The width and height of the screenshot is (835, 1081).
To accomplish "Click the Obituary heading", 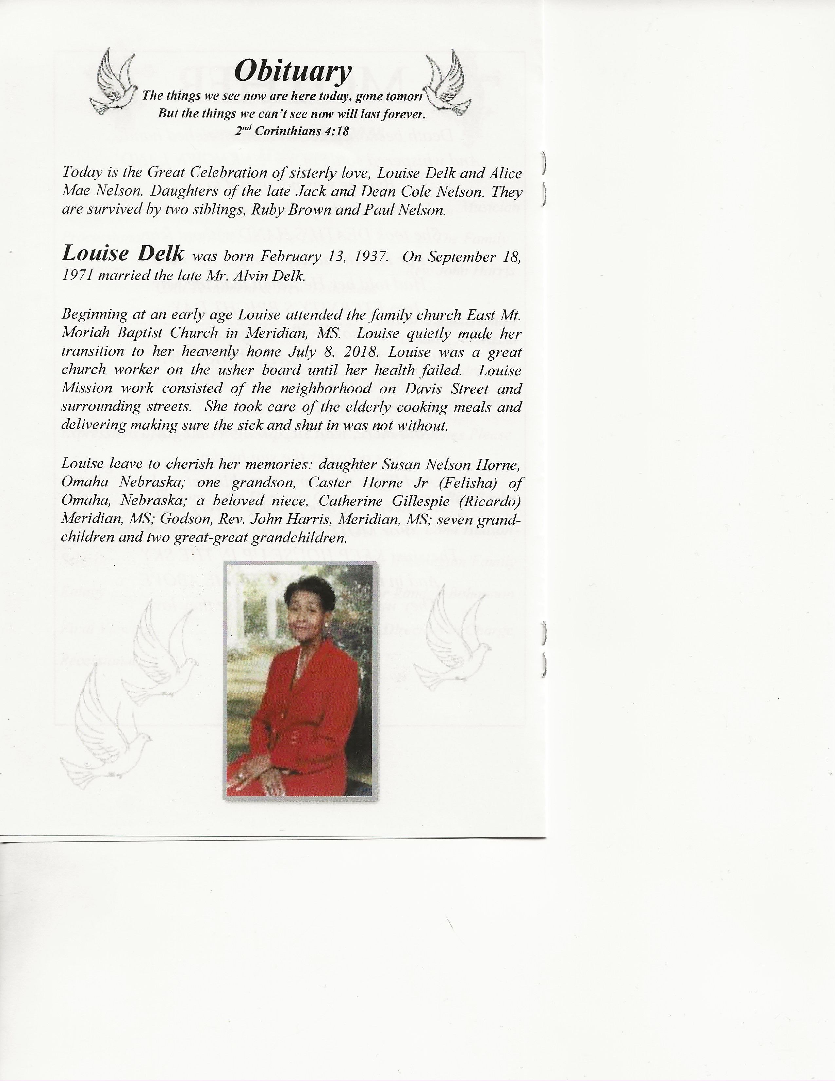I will [x=292, y=71].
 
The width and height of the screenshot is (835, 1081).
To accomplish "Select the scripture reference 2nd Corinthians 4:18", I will [x=292, y=131].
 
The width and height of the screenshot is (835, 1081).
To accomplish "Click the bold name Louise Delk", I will [x=123, y=254].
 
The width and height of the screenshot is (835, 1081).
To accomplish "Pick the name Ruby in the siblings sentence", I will [x=267, y=210].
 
